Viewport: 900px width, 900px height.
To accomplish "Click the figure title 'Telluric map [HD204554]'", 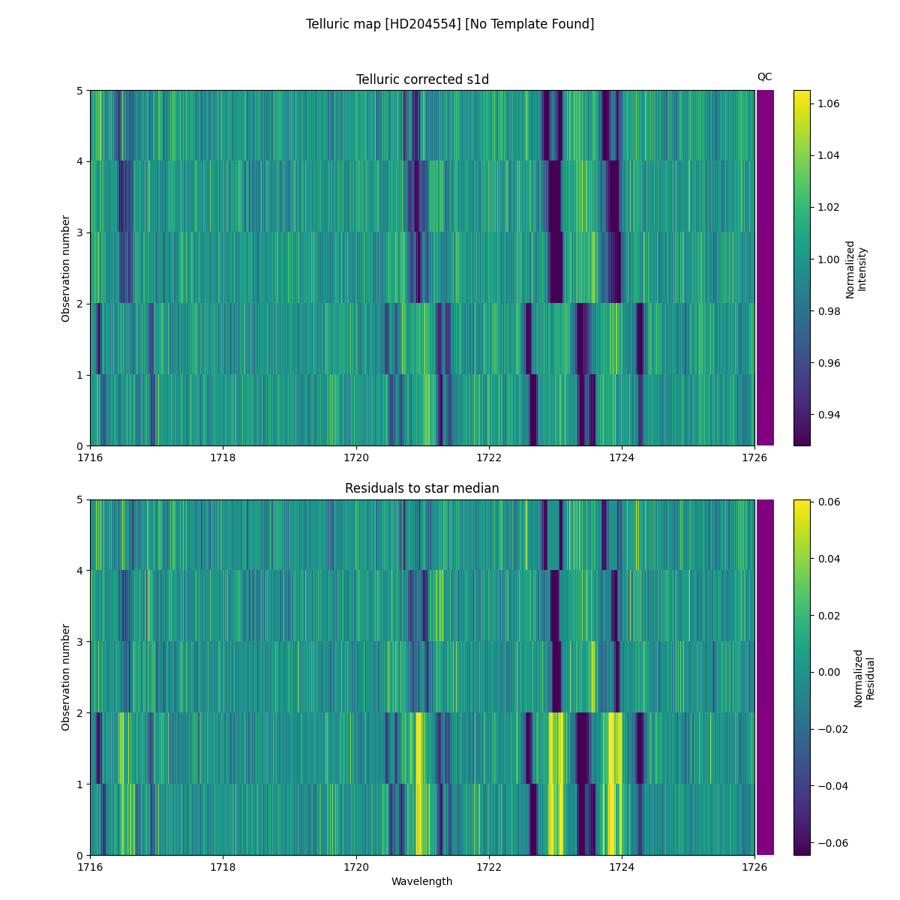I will click(450, 24).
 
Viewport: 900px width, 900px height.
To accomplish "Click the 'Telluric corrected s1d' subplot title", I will click(422, 79).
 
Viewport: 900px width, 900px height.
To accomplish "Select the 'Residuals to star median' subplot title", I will click(422, 488).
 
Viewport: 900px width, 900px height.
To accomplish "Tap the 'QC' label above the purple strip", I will click(764, 76).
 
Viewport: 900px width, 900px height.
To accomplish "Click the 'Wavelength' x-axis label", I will click(422, 881).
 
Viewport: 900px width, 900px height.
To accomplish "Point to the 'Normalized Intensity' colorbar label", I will click(856, 268).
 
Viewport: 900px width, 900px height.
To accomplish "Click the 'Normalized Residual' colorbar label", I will click(864, 677).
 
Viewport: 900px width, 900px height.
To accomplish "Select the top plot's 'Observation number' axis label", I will click(66, 268).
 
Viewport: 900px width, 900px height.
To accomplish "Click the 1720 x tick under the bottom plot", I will click(356, 866).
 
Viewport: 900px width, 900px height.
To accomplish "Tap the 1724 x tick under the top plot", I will click(622, 457).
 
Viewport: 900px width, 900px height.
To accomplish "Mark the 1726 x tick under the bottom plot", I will click(754, 866).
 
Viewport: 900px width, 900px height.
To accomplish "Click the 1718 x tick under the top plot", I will click(223, 457).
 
